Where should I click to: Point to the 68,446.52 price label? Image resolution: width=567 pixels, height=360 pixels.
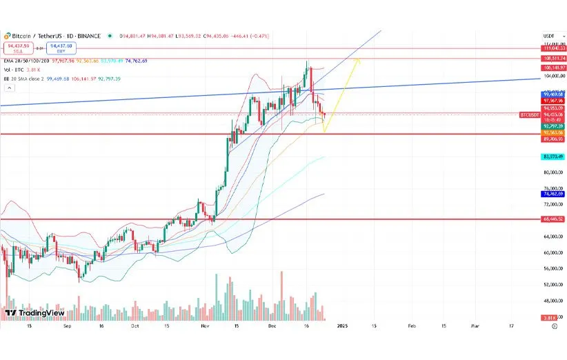pyautogui.click(x=553, y=219)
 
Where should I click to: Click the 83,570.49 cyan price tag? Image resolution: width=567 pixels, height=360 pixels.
pyautogui.click(x=553, y=157)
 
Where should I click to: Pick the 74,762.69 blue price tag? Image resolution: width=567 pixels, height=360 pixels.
pyautogui.click(x=553, y=194)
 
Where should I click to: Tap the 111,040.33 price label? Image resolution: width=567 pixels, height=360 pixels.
pyautogui.click(x=553, y=48)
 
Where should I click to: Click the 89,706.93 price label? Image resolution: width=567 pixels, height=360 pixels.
pyautogui.click(x=553, y=138)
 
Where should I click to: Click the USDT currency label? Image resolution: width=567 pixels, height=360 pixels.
pyautogui.click(x=549, y=36)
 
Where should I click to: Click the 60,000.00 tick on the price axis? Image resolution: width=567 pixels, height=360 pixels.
pyautogui.click(x=553, y=252)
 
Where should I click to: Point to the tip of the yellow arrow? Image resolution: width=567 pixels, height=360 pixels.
pyautogui.click(x=357, y=59)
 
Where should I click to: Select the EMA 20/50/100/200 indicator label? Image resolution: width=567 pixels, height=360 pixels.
pyautogui.click(x=26, y=61)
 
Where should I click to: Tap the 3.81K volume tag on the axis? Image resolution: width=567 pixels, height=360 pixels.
pyautogui.click(x=550, y=317)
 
